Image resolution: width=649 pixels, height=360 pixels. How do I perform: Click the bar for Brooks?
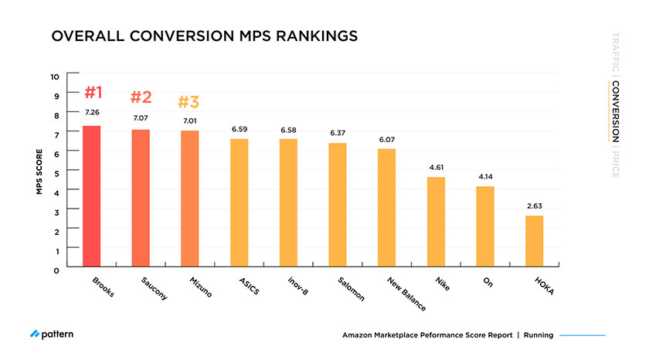point(92,197)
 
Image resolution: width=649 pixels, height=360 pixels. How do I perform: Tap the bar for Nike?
point(437,222)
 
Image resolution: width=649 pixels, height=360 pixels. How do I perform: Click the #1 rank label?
point(93,93)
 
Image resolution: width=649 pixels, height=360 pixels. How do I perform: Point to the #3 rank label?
point(189,102)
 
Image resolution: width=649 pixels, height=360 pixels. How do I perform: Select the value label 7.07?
point(140,118)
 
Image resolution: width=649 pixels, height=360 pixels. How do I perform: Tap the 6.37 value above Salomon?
point(338,133)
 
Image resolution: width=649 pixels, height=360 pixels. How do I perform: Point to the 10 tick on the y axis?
point(54,76)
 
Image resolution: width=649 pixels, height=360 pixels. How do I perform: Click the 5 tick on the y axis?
point(56,173)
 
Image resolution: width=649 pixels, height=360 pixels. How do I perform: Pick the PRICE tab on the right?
point(615,163)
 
